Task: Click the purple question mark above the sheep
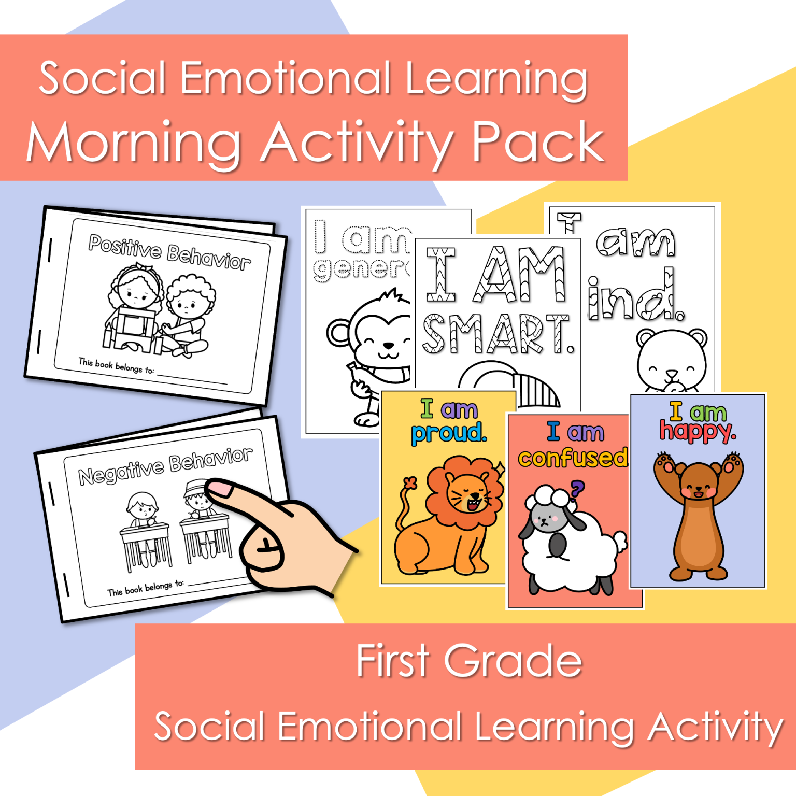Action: point(577,488)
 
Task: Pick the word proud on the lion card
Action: point(449,433)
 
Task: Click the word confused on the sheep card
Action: point(573,458)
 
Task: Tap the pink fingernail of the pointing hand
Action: point(219,488)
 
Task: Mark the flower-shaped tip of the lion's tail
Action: point(410,483)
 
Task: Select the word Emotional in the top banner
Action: point(285,79)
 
